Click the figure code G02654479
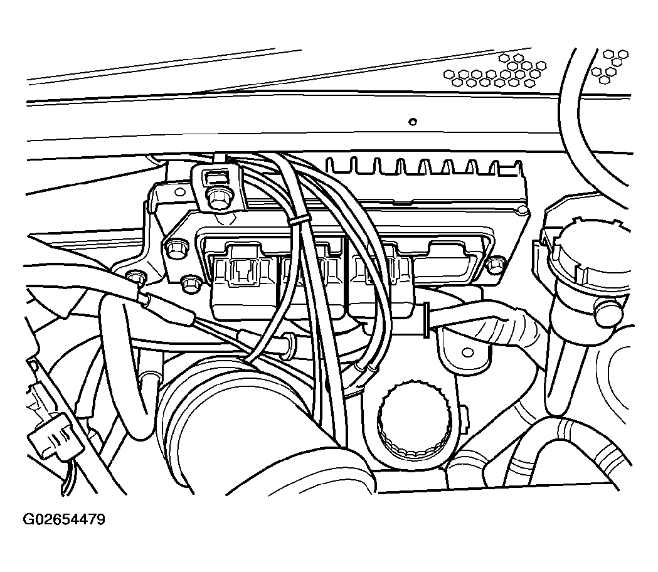[64, 519]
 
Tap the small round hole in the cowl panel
[413, 122]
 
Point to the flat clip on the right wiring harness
[425, 320]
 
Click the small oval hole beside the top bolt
[180, 192]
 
